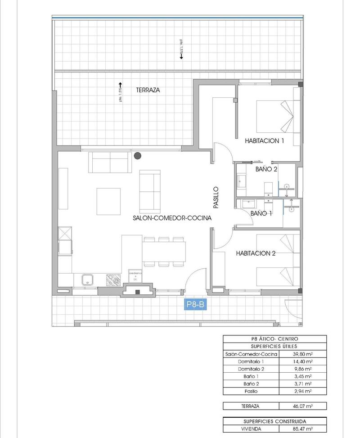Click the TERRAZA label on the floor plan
point(148,90)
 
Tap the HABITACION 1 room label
point(265,140)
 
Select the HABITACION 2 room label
point(256,253)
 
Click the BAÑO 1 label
point(261,213)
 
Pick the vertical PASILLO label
point(216,198)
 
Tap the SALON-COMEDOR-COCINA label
point(172,218)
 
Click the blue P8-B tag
point(195,305)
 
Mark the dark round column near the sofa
point(138,156)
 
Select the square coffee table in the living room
point(108,201)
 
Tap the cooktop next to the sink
point(113,280)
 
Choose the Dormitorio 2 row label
point(251,369)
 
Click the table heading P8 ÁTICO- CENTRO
point(274,339)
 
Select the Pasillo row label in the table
point(251,392)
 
